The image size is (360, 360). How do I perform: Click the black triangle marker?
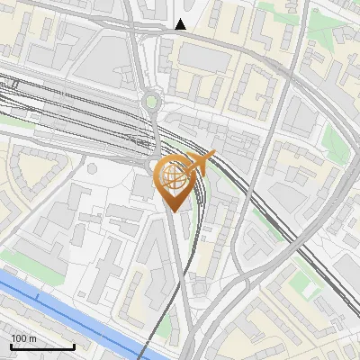[x=182, y=24]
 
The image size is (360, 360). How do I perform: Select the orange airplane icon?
[x=202, y=163]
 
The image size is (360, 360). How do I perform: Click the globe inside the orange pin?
[x=173, y=176]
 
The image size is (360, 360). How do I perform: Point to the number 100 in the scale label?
[x=19, y=338]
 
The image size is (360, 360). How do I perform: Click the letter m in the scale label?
[x=33, y=338]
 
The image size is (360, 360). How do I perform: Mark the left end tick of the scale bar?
[x=11, y=346]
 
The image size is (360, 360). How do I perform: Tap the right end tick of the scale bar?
[x=74, y=346]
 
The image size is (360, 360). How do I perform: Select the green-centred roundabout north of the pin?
[x=151, y=103]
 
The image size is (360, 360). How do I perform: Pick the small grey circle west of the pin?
[x=91, y=167]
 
